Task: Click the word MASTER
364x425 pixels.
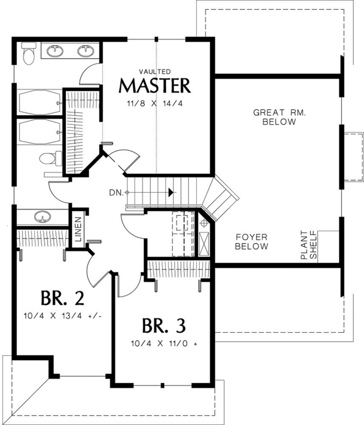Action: [x=155, y=86]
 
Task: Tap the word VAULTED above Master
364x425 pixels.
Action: [x=155, y=71]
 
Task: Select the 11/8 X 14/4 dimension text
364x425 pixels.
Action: [x=156, y=104]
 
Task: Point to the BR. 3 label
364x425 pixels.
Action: [x=164, y=325]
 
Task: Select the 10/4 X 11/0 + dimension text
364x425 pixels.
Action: [x=164, y=344]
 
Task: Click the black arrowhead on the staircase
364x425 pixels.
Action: [x=171, y=192]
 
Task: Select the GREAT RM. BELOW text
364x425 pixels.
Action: [x=279, y=117]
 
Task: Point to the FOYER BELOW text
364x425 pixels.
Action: [x=252, y=241]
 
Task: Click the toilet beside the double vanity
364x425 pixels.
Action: [x=28, y=54]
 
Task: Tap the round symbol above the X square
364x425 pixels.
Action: [x=204, y=223]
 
